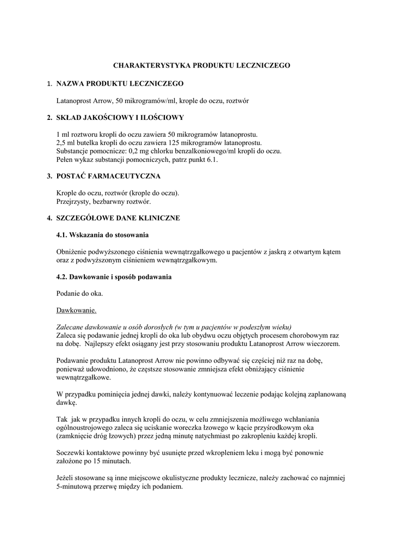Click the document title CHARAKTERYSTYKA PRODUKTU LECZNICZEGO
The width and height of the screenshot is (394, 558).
201,65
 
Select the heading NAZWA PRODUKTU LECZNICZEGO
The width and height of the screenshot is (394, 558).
120,83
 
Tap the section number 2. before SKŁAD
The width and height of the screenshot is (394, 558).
49,117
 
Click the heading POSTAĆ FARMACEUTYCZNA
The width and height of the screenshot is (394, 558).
108,176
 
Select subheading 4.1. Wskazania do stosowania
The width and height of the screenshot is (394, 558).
102,235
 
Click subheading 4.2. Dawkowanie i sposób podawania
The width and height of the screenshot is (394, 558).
114,277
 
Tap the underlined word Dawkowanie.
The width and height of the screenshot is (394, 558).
76,311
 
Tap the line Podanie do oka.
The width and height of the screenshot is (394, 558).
79,294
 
